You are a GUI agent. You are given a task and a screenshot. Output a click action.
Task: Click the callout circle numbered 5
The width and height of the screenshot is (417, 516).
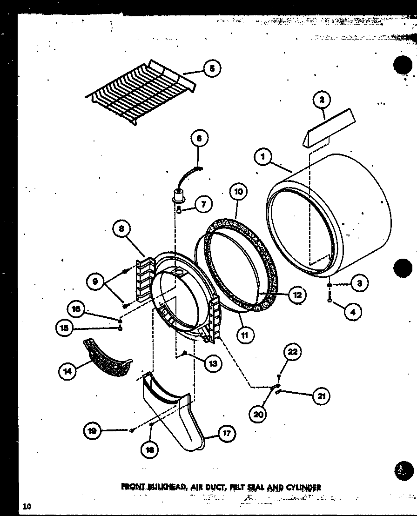click(x=212, y=68)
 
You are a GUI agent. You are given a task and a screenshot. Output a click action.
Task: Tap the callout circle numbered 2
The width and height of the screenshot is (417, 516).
click(x=322, y=100)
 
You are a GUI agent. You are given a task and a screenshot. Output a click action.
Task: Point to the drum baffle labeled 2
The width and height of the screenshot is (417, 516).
click(x=329, y=128)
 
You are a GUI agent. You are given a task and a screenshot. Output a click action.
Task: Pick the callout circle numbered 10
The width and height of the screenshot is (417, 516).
click(x=238, y=192)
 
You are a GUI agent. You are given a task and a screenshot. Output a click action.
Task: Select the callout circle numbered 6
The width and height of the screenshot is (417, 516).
click(x=199, y=138)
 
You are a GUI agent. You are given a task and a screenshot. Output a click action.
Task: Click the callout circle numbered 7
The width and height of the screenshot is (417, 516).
click(x=203, y=204)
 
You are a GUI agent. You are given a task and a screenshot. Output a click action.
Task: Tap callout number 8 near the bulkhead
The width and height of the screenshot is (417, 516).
click(x=122, y=228)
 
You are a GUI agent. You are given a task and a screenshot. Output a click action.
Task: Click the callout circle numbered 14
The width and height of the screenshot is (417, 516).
click(x=68, y=371)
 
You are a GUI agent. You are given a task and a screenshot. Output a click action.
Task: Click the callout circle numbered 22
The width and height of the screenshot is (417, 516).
click(x=292, y=352)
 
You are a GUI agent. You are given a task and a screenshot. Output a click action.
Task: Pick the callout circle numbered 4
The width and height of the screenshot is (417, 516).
click(x=352, y=312)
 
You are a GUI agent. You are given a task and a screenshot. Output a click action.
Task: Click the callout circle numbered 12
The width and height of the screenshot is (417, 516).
click(x=297, y=295)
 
